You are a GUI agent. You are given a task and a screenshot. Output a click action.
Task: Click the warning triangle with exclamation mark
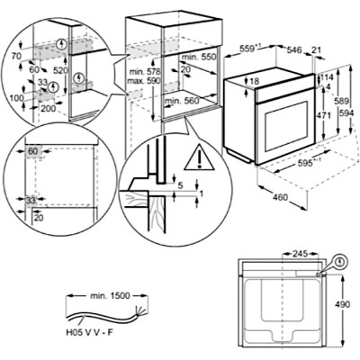[199, 157]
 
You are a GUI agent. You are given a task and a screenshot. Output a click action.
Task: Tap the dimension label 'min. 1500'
[110, 296]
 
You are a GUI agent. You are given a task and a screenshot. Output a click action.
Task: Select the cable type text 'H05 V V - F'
[89, 333]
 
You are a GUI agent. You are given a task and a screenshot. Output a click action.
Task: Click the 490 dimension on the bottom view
[343, 304]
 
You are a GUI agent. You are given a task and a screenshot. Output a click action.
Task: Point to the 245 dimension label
[301, 254]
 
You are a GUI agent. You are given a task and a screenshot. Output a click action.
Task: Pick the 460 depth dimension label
[281, 197]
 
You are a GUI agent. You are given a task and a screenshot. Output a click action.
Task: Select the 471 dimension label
[324, 115]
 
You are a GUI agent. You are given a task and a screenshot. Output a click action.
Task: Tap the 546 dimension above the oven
[294, 49]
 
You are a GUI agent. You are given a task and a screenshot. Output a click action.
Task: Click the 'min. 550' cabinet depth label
[199, 57]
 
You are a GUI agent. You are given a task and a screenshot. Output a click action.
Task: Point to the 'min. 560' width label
[182, 101]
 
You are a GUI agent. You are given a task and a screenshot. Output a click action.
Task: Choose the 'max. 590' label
[144, 81]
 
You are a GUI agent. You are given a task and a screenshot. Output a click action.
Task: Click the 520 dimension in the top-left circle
[61, 70]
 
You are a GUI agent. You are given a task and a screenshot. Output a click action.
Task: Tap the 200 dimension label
[49, 108]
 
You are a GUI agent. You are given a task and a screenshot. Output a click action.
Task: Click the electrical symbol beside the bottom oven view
[340, 263]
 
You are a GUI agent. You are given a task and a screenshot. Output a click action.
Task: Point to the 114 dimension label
[325, 78]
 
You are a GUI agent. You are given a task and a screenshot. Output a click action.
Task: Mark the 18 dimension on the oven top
[254, 81]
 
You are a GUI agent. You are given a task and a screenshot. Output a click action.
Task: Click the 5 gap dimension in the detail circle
[180, 185]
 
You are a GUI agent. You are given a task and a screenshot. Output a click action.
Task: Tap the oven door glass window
[286, 126]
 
